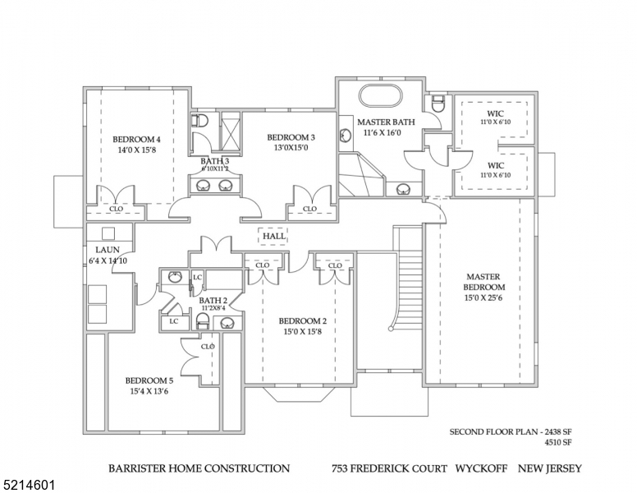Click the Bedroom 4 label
[136, 139]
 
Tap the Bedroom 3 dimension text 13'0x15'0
[290, 148]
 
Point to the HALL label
[273, 237]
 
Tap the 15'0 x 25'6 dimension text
[484, 298]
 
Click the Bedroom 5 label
[149, 380]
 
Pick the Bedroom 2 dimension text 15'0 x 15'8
[303, 332]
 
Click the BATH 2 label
[213, 301]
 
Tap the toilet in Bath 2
[203, 320]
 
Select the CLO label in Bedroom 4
[116, 210]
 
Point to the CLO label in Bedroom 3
[309, 210]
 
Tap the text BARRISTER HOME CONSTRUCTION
[199, 468]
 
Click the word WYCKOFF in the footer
[484, 468]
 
